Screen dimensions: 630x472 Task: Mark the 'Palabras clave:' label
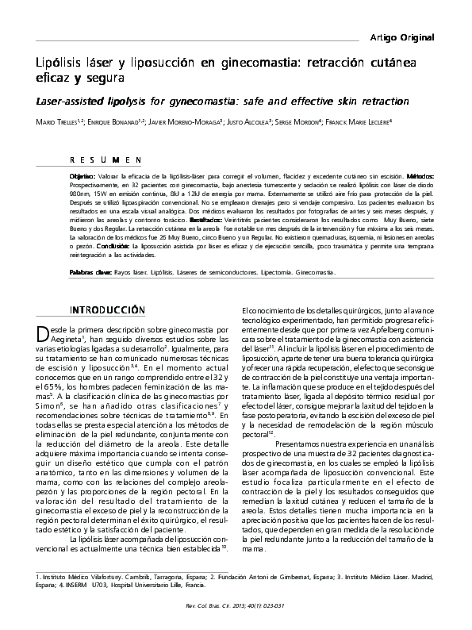[x=90, y=271]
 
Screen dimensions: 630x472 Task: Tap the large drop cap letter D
[x=44, y=331]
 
